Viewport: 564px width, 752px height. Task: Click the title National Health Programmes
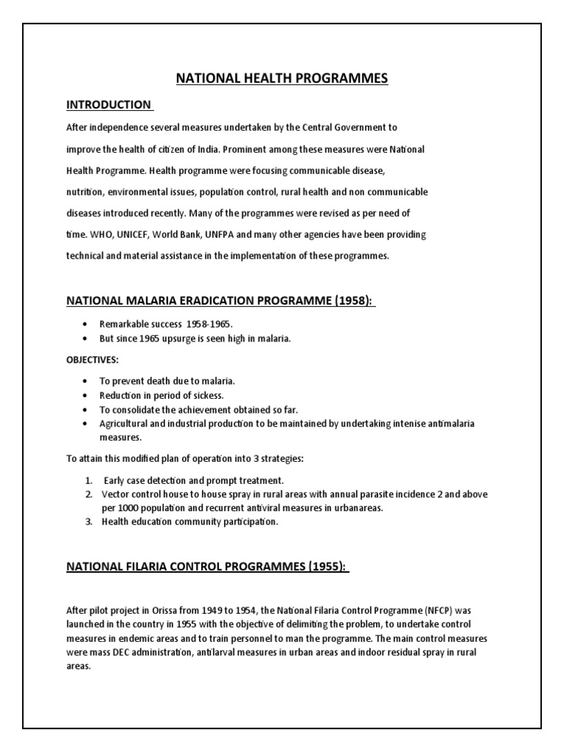click(282, 79)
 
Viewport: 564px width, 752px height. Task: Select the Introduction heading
click(109, 104)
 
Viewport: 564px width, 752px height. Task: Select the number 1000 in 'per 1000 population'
click(128, 508)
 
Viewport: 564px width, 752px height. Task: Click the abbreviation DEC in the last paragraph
click(122, 652)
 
